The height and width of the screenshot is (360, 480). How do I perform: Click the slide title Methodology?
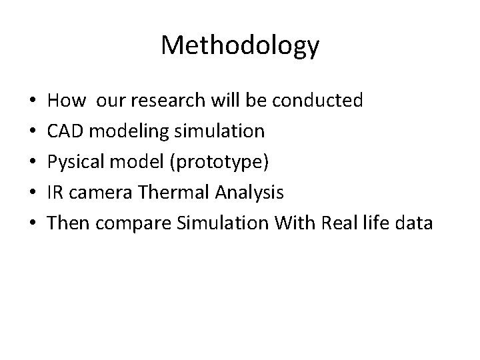240,45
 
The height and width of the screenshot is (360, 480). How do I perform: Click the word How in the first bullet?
67,101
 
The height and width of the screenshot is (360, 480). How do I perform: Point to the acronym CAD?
66,131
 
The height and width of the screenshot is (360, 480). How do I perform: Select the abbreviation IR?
56,193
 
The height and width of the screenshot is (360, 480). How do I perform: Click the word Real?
341,223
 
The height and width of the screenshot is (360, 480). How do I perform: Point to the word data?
414,223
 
